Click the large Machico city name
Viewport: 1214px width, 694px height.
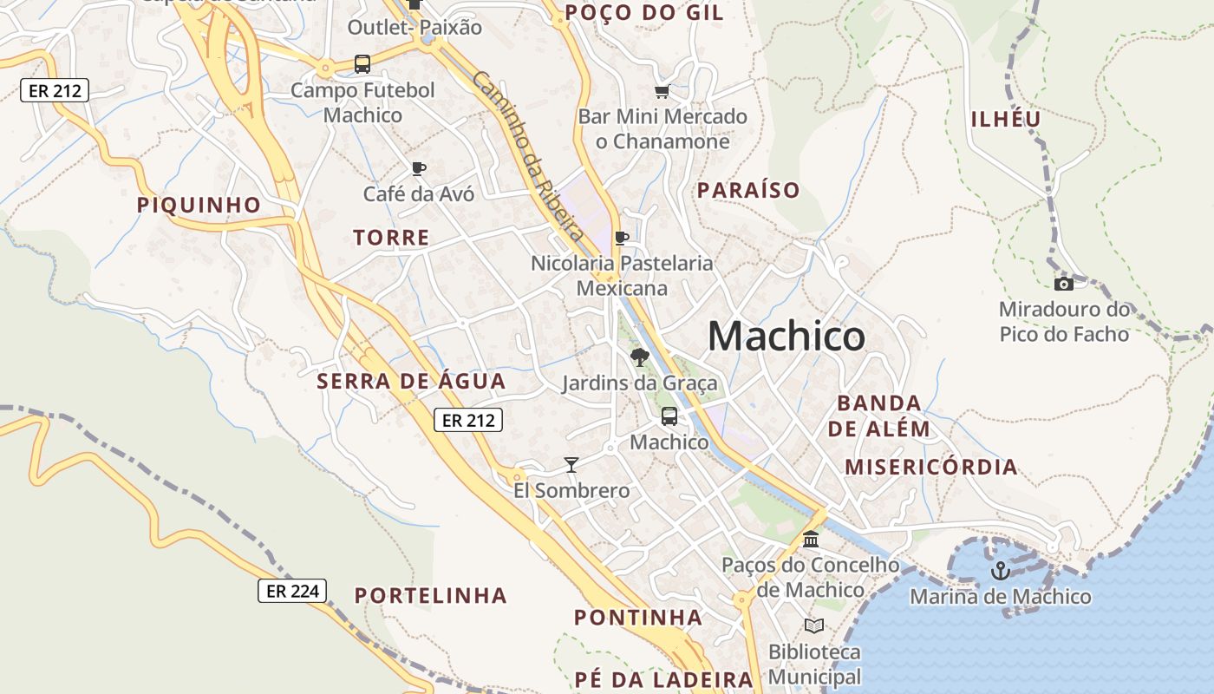click(x=786, y=336)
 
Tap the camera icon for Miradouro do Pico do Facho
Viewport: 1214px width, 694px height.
click(x=1063, y=284)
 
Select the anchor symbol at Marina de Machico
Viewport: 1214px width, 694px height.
click(x=1000, y=571)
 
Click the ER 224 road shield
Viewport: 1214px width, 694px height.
click(x=293, y=592)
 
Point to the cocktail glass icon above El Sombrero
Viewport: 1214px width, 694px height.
click(x=571, y=465)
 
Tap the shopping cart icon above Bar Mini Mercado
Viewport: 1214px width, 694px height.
click(x=662, y=91)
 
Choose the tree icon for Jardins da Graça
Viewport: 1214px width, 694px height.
click(x=640, y=357)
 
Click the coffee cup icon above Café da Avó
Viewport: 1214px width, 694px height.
click(x=419, y=168)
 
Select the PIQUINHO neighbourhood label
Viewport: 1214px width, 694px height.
click(x=199, y=205)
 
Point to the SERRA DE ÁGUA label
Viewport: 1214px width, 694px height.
click(x=411, y=381)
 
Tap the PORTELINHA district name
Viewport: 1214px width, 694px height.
click(x=431, y=595)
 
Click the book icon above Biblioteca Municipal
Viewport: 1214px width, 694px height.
click(x=813, y=625)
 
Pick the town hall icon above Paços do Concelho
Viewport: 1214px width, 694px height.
click(x=811, y=540)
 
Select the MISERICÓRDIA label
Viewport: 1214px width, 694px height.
click(x=930, y=467)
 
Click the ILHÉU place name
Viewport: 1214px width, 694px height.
click(x=1006, y=120)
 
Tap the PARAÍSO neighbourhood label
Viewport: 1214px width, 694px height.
click(x=748, y=190)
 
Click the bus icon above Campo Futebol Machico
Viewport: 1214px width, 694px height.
click(x=362, y=64)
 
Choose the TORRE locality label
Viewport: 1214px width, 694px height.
click(x=391, y=237)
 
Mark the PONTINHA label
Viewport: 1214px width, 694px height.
click(x=638, y=618)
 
